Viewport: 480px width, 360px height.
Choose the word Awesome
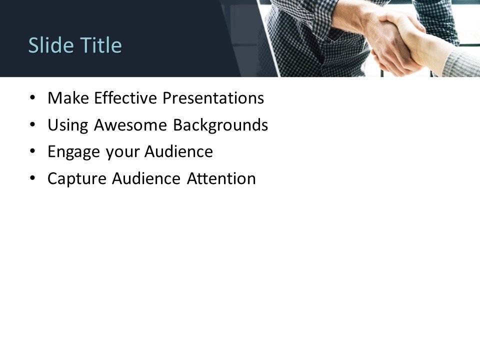(x=131, y=125)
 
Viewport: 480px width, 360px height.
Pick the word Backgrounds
(x=220, y=125)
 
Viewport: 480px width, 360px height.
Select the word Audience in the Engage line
(x=178, y=152)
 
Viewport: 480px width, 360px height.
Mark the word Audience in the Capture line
(x=146, y=178)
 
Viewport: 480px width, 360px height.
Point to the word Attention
(x=221, y=178)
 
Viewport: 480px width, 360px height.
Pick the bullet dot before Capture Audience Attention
(x=33, y=178)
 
